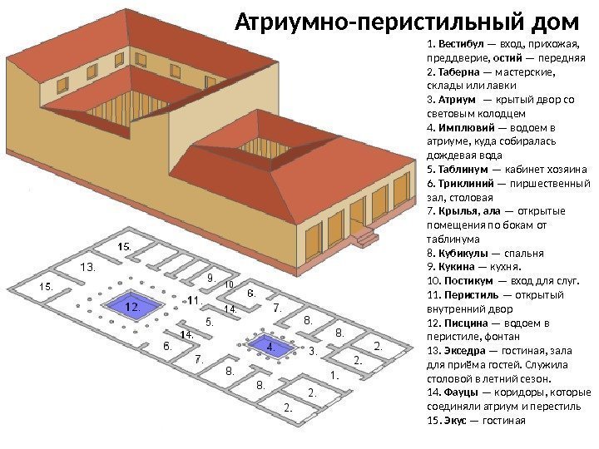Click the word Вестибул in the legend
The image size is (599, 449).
tap(453, 43)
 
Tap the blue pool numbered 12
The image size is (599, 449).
tap(131, 307)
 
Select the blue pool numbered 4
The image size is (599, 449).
tap(269, 344)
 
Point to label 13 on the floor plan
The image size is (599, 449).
tap(87, 267)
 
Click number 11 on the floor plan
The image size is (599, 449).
tap(192, 299)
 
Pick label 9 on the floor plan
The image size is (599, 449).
tap(210, 278)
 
